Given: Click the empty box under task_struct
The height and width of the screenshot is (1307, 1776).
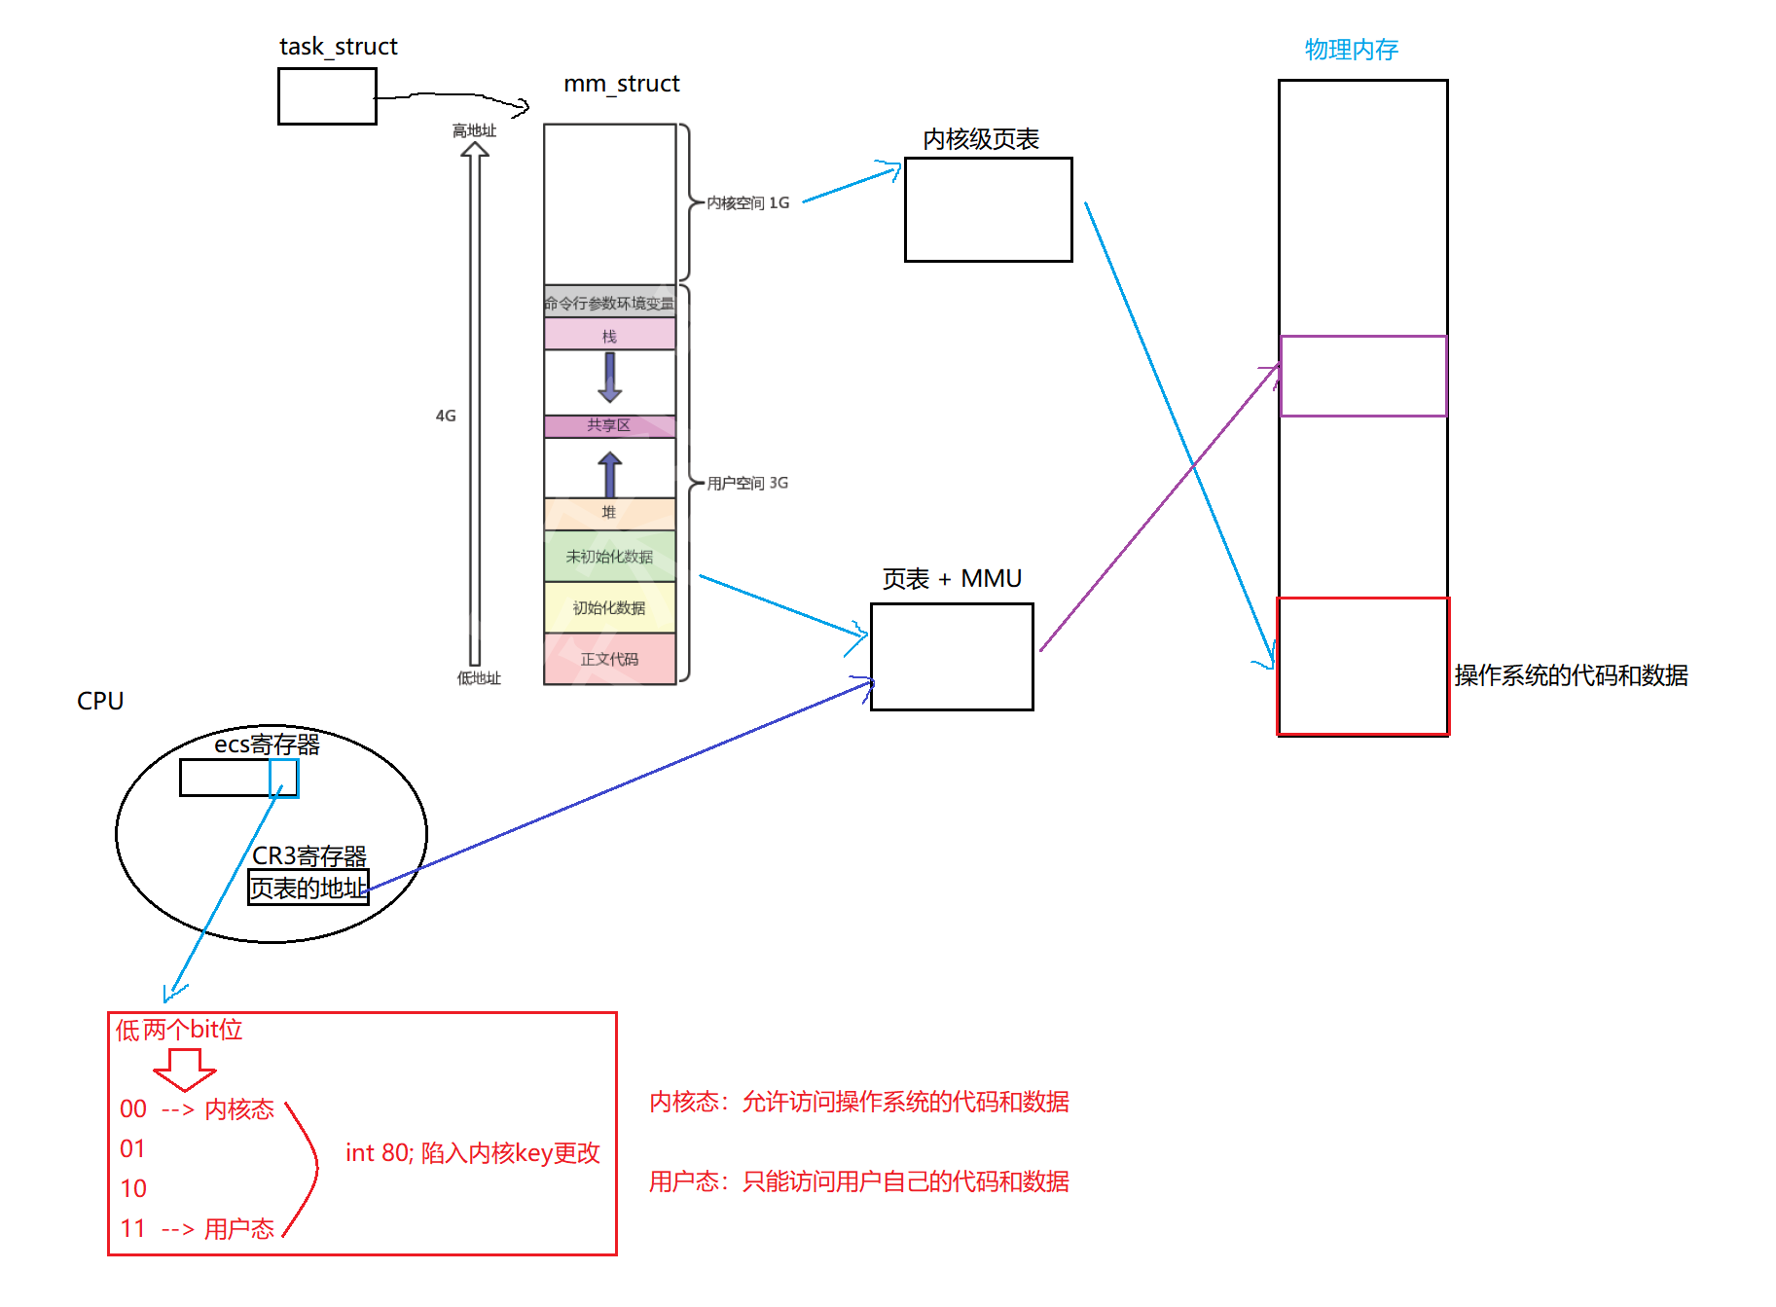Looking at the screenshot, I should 327,96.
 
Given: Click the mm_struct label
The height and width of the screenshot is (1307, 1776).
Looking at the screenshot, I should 621,84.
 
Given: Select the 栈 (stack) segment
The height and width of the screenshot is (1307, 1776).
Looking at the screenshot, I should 609,336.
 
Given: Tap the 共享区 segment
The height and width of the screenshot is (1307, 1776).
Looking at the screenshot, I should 609,425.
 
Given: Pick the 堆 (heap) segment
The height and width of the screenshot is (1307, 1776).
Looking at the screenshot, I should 609,512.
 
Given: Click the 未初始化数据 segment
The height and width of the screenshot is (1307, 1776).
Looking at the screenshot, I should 609,556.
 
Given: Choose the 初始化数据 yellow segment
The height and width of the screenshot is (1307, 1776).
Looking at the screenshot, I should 609,607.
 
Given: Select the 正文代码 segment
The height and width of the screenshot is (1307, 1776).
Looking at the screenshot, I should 609,659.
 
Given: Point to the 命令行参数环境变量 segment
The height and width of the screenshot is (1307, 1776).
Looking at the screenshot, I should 609,303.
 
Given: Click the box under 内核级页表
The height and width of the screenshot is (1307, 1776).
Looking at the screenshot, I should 988,209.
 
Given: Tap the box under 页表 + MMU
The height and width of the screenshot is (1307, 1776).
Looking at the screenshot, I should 952,657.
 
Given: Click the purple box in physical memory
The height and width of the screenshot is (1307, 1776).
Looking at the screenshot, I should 1362,376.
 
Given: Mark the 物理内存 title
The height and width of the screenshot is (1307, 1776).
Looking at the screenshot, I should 1351,49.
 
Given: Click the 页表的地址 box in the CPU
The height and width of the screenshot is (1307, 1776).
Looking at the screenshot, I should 308,888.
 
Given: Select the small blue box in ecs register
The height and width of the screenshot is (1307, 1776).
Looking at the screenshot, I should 283,778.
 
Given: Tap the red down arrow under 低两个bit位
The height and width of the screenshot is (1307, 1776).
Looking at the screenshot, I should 184,1070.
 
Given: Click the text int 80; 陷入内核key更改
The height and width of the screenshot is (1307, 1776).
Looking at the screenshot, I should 472,1153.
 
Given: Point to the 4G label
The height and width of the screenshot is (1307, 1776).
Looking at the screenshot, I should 446,416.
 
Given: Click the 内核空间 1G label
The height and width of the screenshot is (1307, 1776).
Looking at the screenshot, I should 747,202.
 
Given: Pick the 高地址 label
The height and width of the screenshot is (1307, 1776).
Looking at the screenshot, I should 474,130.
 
